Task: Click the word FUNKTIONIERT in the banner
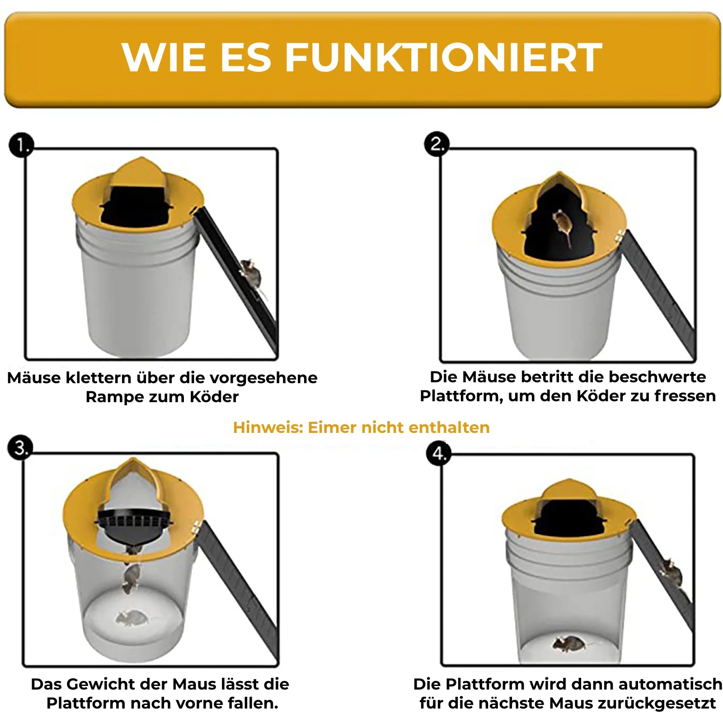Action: (x=443, y=57)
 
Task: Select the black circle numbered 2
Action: (x=437, y=144)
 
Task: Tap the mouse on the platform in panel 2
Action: (x=562, y=226)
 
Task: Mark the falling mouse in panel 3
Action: (x=131, y=578)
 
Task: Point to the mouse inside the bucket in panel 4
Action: (x=569, y=643)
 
